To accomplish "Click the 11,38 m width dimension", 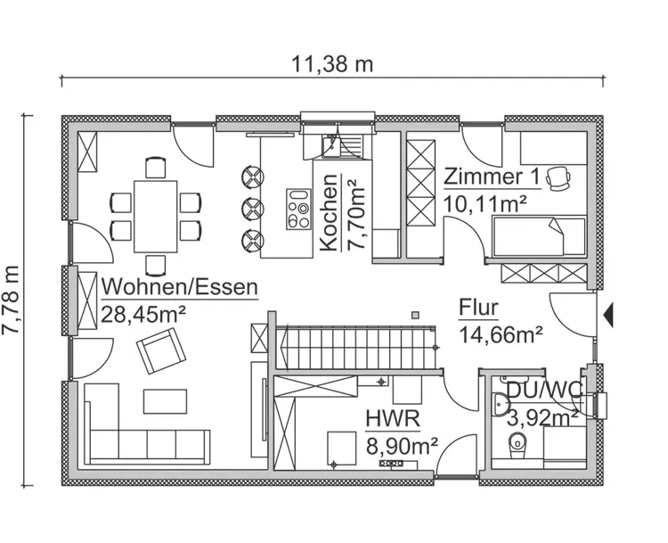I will (332, 63).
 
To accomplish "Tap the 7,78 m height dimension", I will (12, 300).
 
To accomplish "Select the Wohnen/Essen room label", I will (181, 287).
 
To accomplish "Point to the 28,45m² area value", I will (144, 313).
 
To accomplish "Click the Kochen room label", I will (328, 212).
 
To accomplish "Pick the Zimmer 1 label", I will (491, 177).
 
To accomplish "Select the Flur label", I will (478, 309).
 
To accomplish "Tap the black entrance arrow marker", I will (608, 314).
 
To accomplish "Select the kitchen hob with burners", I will (297, 214).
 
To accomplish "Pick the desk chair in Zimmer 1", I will (559, 177).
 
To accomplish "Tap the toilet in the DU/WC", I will (517, 445).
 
